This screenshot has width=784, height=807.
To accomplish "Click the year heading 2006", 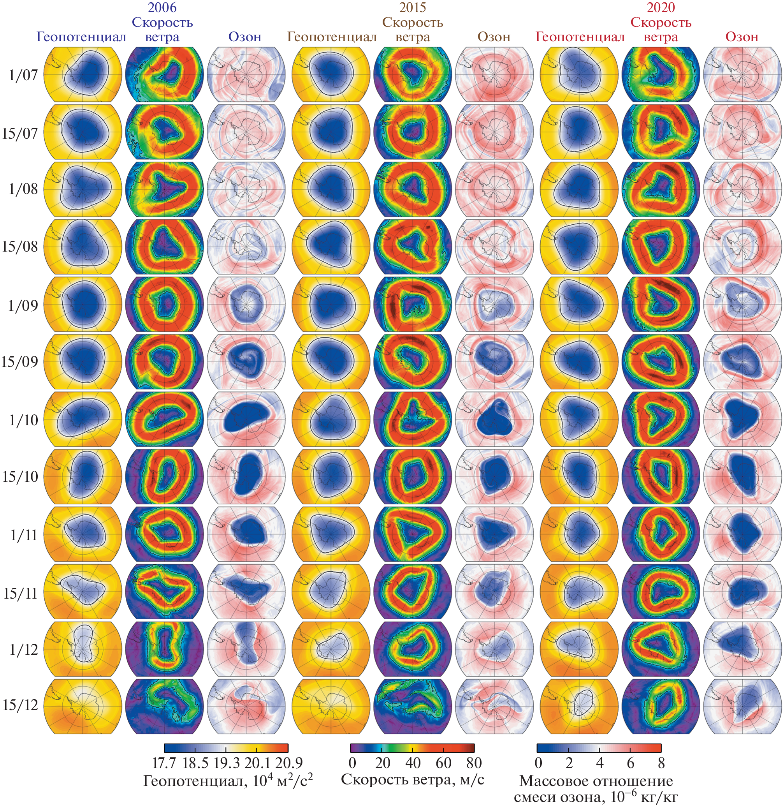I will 162,7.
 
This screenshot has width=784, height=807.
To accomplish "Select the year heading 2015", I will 413,7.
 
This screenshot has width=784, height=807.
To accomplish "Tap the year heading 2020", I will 661,7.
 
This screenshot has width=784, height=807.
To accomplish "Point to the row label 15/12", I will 20,705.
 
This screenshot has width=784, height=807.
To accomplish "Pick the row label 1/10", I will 23,420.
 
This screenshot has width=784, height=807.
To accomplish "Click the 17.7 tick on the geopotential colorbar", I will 164,763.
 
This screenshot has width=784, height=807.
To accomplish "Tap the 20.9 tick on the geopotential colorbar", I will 288,763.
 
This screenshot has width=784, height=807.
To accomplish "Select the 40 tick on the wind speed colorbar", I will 413,763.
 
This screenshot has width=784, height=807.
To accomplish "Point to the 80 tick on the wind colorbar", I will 474,763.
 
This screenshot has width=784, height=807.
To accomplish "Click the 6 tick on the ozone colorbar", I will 630,763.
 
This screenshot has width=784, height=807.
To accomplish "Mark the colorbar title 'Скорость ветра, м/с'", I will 413,779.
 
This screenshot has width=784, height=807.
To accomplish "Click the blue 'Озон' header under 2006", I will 245,37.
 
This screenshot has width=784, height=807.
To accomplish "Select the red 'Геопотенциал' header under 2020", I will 580,37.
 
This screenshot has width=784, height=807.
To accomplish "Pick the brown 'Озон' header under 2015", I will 494,37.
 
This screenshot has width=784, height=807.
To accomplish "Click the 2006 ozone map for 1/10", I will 246,419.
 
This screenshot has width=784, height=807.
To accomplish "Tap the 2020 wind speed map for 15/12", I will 661,706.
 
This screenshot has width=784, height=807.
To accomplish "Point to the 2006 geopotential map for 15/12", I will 83,706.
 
